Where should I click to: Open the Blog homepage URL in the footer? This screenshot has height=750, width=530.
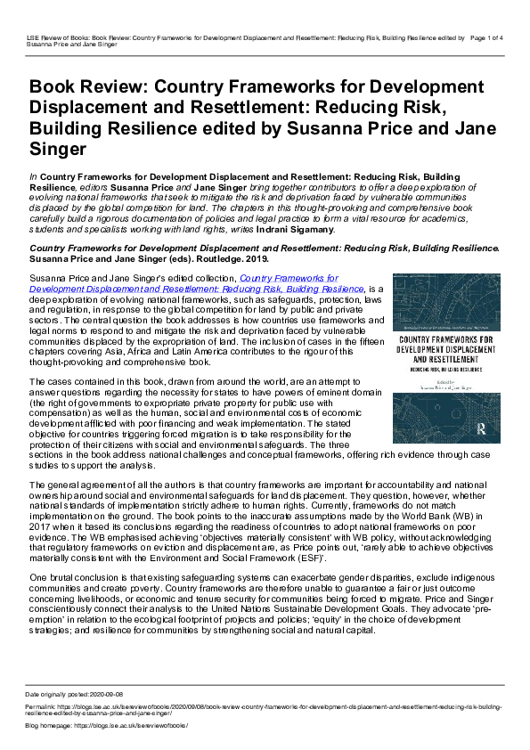coord(131,725)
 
